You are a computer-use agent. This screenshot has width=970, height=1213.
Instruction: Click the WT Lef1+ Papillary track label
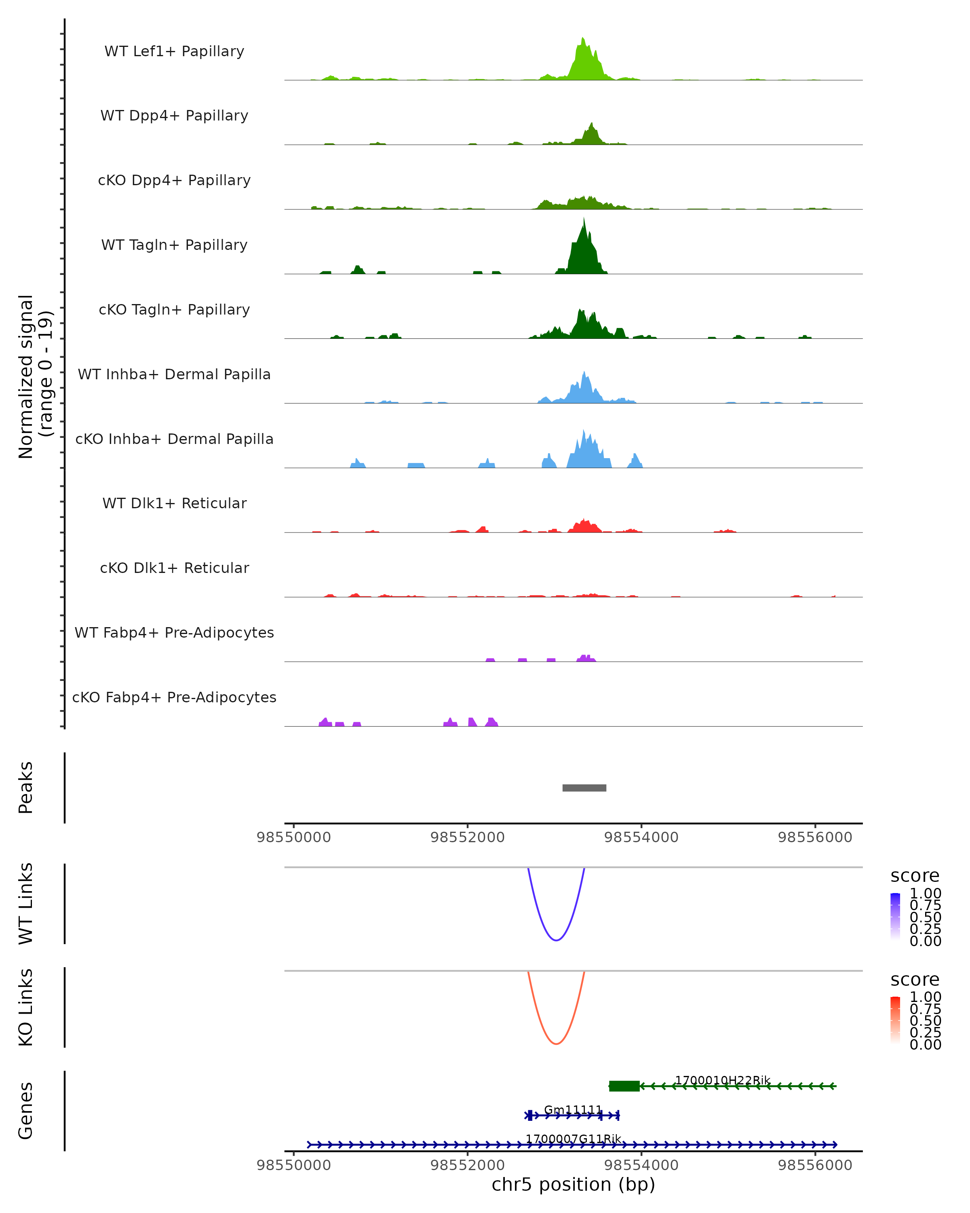174,51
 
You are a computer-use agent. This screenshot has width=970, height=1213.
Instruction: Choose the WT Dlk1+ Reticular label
174,503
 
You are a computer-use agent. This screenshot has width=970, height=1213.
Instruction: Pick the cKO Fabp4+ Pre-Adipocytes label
174,697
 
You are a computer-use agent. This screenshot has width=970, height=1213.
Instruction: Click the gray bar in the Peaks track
584,788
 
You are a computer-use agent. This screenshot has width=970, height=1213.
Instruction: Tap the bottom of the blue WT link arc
556,940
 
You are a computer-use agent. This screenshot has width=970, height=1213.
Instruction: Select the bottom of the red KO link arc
556,1044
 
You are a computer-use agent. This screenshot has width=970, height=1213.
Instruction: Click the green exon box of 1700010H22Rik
624,1086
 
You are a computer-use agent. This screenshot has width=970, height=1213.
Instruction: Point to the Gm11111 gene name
572,1110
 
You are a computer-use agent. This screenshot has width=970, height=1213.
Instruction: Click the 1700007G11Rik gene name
573,1139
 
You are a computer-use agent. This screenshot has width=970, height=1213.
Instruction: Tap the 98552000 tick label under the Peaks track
467,837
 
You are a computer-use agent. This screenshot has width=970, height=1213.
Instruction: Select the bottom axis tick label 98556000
815,1166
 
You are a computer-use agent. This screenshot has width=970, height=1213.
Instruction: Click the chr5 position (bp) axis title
573,1184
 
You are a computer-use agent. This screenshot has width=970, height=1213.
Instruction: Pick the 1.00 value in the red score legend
925,996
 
